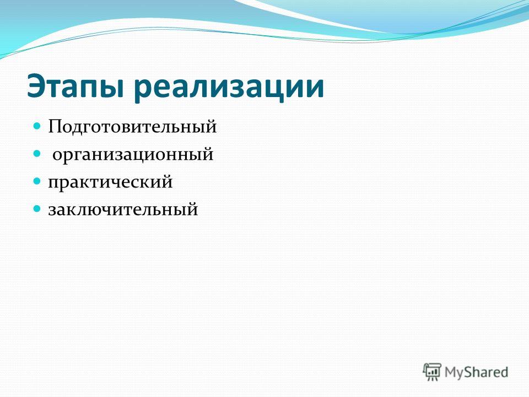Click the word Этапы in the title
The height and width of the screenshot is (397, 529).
[x=74, y=87]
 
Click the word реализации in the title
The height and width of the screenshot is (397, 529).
[x=228, y=88]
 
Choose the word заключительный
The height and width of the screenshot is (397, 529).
[x=123, y=209]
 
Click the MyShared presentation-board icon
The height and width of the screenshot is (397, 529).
[x=432, y=372]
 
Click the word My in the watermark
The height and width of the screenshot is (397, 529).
[x=454, y=373]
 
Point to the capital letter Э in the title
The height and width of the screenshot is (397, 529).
[x=36, y=87]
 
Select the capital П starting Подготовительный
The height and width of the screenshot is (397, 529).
[x=56, y=127]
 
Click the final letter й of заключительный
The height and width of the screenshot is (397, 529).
[x=192, y=209]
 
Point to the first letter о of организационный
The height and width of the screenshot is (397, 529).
[x=57, y=155]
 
